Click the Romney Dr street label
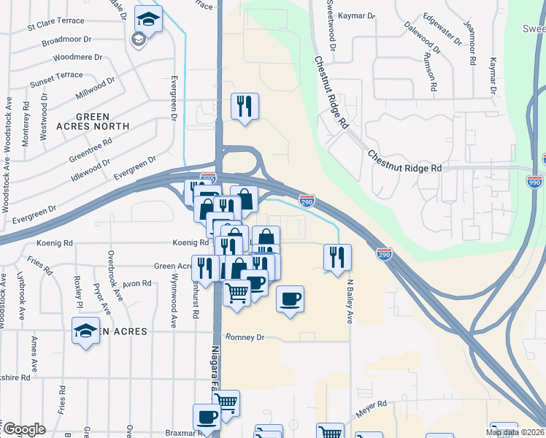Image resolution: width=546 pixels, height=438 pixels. click(x=245, y=338)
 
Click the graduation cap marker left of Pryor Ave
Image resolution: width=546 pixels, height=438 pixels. click(x=86, y=331)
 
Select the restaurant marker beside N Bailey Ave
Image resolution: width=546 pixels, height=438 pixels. click(x=337, y=258)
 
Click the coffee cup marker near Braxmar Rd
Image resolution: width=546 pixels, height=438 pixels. click(x=207, y=417)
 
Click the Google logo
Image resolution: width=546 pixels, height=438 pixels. click(x=24, y=429)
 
